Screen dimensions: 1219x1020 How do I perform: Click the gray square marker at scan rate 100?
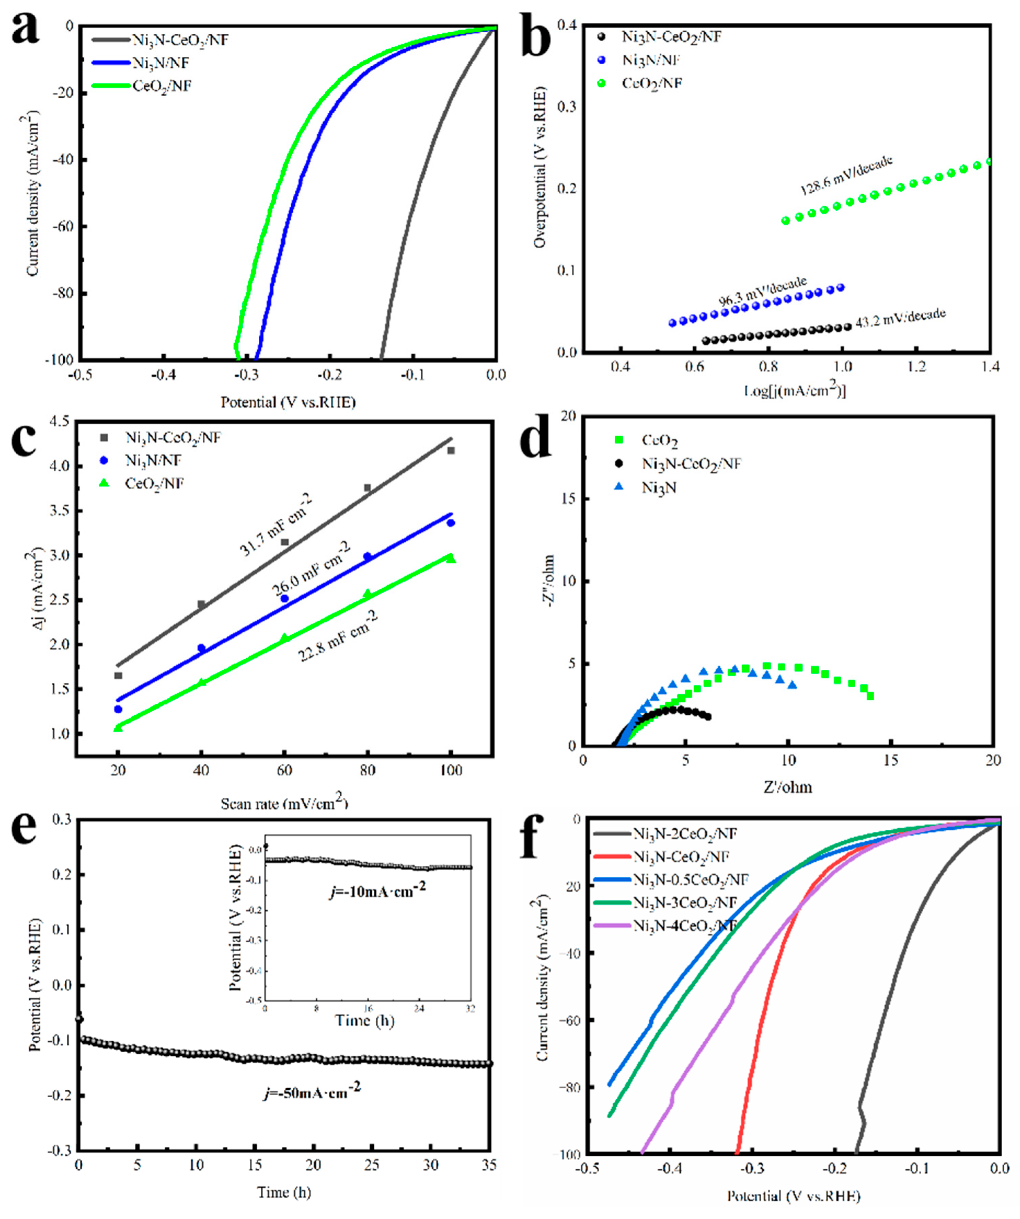(x=451, y=451)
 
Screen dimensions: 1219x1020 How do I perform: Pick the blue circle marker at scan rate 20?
(x=118, y=709)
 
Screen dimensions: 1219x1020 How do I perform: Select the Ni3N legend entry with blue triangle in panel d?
(x=659, y=488)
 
